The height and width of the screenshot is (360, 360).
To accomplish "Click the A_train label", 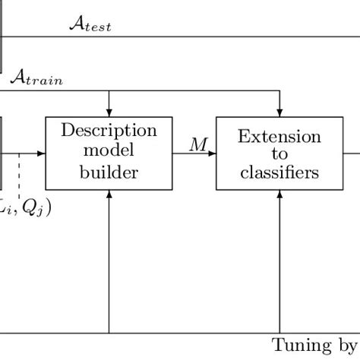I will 36,77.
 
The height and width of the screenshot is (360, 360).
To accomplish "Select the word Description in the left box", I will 109,131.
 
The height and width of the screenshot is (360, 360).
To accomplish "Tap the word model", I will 109,151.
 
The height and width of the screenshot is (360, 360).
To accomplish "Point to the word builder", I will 109,172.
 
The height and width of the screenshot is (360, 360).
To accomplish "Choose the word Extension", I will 279,137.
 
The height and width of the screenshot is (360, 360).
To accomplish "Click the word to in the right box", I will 279,155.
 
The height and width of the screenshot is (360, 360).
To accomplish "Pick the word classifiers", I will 279,173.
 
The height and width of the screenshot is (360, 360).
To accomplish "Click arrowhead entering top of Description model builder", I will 109,112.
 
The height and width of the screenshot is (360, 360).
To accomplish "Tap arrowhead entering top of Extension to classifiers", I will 280,112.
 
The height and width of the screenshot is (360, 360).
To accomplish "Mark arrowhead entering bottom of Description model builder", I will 109,194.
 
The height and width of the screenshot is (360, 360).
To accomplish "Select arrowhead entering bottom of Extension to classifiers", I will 280,194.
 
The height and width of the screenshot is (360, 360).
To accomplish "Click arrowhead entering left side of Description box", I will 42,153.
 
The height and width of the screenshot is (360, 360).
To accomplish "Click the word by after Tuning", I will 346,345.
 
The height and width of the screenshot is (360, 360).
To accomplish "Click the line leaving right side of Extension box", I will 351,153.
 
